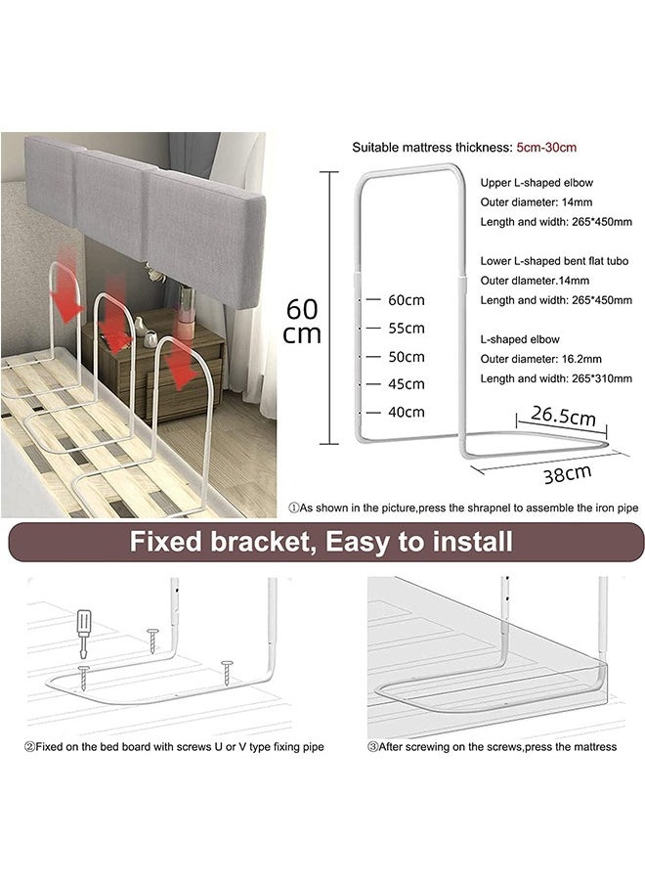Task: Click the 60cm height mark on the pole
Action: coord(406,299)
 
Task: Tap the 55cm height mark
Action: coord(406,328)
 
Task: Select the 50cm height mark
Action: coord(406,356)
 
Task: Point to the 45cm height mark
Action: coord(406,383)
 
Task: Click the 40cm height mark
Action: coord(406,412)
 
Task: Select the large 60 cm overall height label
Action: coord(303,320)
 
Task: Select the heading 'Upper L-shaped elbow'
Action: coord(537,183)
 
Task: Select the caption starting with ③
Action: coord(494,747)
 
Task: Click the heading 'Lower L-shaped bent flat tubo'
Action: coord(553,261)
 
